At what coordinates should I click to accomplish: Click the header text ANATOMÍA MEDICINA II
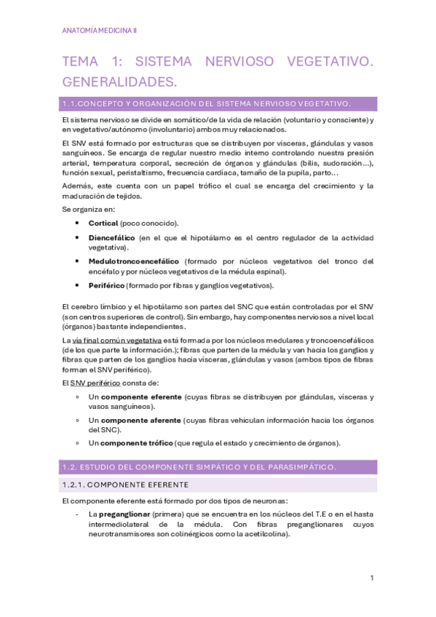(100, 31)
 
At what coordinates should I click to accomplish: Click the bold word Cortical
(103, 223)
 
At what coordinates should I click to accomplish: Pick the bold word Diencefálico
(111, 238)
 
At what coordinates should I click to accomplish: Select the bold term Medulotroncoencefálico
(134, 261)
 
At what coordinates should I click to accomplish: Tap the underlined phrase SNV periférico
(100, 383)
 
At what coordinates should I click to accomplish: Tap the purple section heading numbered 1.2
(199, 466)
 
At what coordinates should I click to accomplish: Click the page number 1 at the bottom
(372, 578)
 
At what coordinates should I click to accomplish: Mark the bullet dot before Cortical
(78, 223)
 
